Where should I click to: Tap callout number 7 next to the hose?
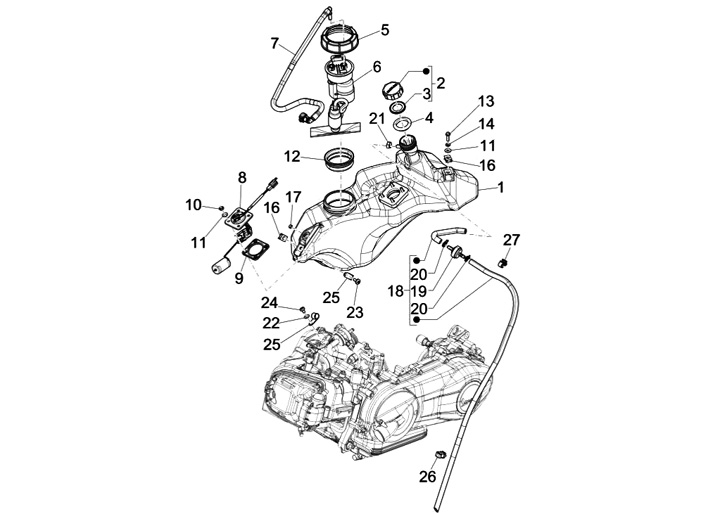[x=274, y=43]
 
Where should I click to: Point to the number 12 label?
[x=291, y=156]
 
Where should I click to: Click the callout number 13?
[x=486, y=102]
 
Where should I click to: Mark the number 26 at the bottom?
[x=427, y=476]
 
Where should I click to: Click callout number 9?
[x=239, y=279]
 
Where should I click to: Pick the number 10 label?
[x=193, y=205]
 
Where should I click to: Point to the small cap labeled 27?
[x=503, y=262]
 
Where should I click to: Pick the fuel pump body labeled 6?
[x=343, y=90]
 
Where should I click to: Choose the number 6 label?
[x=377, y=67]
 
